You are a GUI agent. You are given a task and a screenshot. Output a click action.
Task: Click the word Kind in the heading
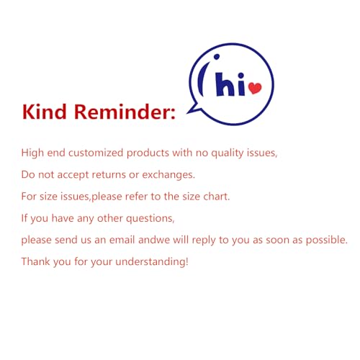click(44, 112)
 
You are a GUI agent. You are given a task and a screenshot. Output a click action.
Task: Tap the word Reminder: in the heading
click(125, 112)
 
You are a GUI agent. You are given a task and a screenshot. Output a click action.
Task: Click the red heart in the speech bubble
click(255, 88)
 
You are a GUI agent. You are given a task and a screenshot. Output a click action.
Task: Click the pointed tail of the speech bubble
click(192, 109)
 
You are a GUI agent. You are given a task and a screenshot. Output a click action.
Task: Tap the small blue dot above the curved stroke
click(217, 57)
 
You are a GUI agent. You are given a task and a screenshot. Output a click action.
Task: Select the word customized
click(96, 153)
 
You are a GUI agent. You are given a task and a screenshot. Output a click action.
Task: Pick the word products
click(148, 153)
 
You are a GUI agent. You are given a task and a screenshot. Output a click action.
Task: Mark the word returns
click(109, 175)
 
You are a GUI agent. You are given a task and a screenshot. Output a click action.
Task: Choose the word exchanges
click(168, 175)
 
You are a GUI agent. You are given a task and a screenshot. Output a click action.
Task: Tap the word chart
click(217, 197)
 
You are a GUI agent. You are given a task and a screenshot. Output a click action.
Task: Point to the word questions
click(150, 219)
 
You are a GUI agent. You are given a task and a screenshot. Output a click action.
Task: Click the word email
click(122, 240)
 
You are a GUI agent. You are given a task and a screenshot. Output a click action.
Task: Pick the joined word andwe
click(154, 240)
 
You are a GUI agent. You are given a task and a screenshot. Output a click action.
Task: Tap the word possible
click(327, 240)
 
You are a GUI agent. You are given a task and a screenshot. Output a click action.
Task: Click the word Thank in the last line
click(36, 261)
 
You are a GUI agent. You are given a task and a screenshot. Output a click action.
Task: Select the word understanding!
click(152, 262)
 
